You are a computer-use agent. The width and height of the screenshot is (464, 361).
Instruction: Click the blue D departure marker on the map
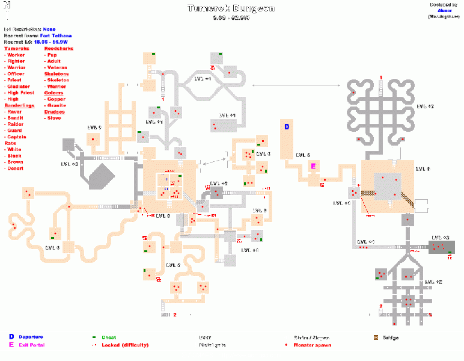pos(287,127)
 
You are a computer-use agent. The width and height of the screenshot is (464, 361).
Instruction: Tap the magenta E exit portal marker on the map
pos(313,165)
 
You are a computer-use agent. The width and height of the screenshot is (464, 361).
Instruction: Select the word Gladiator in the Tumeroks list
pos(17,87)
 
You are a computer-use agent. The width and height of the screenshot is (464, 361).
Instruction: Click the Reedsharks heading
pos(58,48)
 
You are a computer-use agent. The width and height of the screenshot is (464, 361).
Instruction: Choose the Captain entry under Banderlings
pos(17,137)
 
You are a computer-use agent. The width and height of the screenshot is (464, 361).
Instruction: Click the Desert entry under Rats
pos(16,168)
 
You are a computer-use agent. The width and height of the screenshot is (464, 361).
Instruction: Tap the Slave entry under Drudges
pos(54,118)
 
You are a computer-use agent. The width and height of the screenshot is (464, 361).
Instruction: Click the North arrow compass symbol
pos(7,9)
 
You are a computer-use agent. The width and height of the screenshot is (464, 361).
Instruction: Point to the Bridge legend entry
pos(390,338)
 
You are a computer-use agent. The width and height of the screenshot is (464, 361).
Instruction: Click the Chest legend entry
pos(108,338)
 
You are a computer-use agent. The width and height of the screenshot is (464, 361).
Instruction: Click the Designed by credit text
pos(444,5)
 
